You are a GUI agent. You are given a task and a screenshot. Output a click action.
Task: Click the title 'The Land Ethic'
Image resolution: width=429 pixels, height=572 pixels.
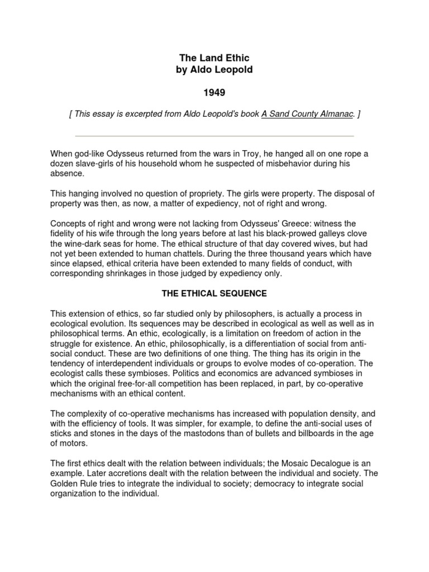[214, 58]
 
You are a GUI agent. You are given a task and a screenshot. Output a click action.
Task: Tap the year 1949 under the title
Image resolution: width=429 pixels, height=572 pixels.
[214, 92]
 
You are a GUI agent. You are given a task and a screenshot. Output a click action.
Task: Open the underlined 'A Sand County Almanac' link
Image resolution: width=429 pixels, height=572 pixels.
[307, 115]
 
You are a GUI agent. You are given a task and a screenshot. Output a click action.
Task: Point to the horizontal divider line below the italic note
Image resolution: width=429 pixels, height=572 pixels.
[214, 136]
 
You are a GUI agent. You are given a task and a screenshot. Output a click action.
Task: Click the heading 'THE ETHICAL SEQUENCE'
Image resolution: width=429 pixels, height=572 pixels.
[214, 293]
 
